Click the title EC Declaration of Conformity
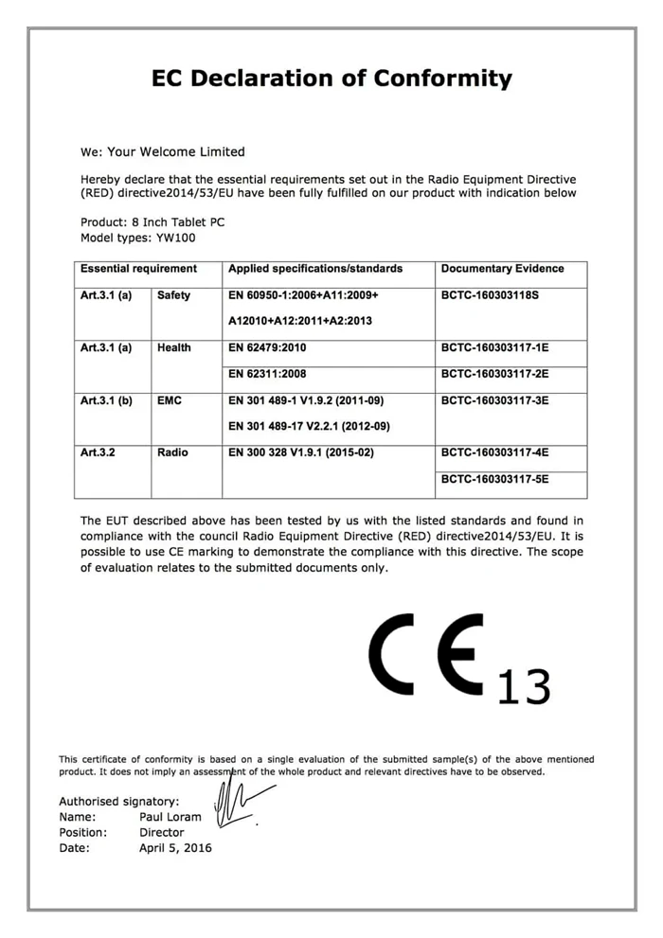(x=331, y=79)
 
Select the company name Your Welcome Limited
(x=176, y=151)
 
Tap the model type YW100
(x=177, y=238)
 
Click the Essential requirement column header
(x=138, y=269)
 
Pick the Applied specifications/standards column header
(x=315, y=269)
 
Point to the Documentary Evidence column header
(x=502, y=269)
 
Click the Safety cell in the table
(x=173, y=295)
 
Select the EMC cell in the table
(x=170, y=400)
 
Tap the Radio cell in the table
(x=172, y=452)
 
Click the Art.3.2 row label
(x=98, y=452)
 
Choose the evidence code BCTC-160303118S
(x=490, y=295)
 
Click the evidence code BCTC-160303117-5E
(x=494, y=479)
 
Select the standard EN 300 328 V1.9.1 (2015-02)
(x=301, y=452)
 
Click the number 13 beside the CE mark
(x=523, y=686)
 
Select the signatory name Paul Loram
(x=170, y=817)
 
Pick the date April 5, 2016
(x=175, y=848)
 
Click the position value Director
(x=162, y=833)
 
